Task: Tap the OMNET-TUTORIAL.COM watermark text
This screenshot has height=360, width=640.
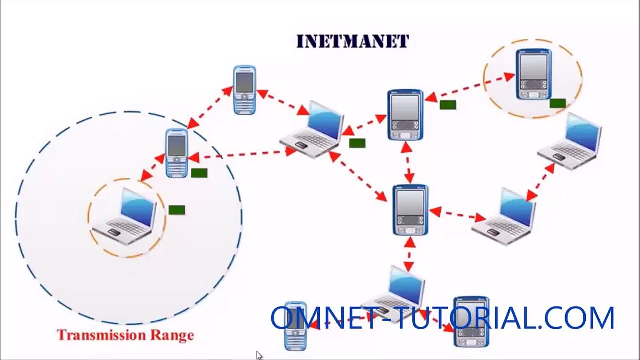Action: point(442,317)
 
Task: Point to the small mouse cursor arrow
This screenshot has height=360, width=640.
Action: point(259,356)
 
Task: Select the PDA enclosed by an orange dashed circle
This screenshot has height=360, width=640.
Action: point(533,74)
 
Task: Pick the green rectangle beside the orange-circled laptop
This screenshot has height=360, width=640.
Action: point(177,210)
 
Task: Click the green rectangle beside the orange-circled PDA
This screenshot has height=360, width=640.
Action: point(557,103)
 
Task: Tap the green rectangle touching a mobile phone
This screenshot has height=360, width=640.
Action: point(199,173)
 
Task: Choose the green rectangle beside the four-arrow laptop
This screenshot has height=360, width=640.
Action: point(357,143)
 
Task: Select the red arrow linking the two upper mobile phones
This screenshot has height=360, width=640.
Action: point(210,107)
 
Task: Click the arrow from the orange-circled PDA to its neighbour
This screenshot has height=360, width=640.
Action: point(470,85)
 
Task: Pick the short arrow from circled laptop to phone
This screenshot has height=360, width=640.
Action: point(153,168)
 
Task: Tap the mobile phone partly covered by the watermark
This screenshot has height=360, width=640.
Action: point(295,326)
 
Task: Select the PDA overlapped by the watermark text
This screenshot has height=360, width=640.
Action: point(471,321)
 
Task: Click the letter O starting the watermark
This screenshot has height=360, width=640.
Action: point(283,318)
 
